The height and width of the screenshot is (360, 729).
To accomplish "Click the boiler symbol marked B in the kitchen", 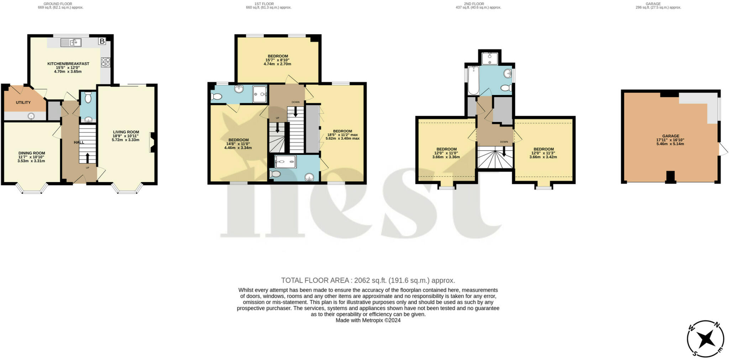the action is click(102, 41).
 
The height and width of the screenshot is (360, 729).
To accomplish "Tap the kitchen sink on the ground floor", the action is click(71, 43).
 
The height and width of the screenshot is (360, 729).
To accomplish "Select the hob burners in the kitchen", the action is click(105, 62).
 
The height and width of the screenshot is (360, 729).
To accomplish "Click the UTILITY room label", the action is click(23, 102).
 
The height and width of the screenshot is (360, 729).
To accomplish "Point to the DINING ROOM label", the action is click(32, 153).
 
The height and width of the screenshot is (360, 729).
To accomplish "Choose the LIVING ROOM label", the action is click(126, 132).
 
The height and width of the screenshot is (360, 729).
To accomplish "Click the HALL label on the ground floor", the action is click(79, 142).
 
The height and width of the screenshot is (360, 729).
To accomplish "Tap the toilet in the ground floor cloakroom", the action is click(88, 97).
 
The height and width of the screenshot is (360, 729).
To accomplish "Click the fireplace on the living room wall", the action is click(152, 142).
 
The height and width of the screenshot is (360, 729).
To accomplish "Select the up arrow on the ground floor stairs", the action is click(88, 158).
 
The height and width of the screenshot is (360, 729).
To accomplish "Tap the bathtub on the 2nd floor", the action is click(473, 80).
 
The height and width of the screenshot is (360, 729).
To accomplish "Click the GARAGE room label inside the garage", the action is click(671, 136).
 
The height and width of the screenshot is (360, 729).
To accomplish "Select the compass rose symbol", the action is click(705, 339).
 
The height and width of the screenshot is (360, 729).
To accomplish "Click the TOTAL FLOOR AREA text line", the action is click(368, 280).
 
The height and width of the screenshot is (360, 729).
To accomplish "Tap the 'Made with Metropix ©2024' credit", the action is click(368, 320).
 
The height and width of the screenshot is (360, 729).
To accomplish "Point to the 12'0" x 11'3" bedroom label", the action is click(543, 153).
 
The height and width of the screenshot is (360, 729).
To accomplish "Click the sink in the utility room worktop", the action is click(31, 116).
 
